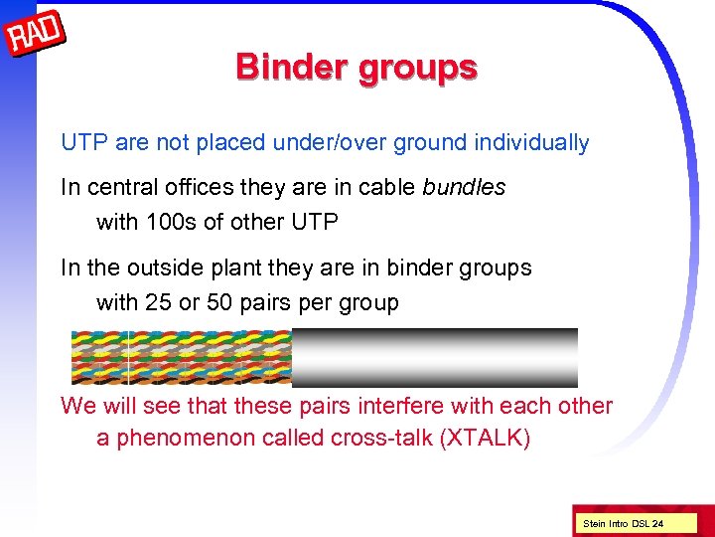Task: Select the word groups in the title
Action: click(421, 69)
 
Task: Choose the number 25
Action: click(158, 303)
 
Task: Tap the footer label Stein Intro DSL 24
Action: click(623, 523)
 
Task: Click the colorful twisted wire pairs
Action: click(181, 357)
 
